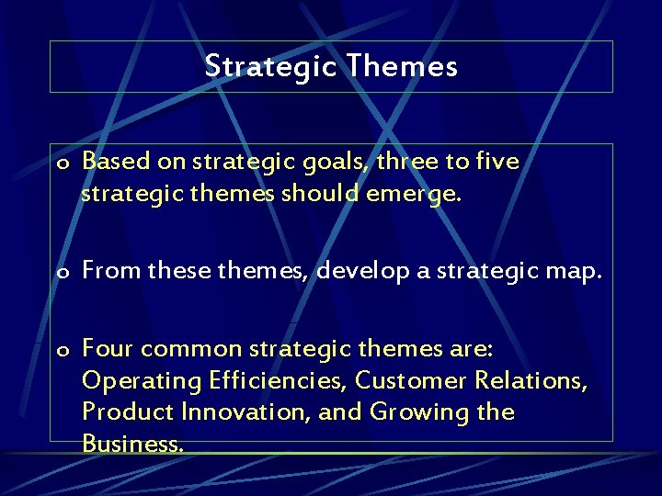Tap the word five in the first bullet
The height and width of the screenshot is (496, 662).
pos(497,162)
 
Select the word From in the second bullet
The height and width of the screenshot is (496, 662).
pos(112,271)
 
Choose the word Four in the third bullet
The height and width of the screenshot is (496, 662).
pos(108,348)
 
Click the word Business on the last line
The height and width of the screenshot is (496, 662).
pos(131,444)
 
